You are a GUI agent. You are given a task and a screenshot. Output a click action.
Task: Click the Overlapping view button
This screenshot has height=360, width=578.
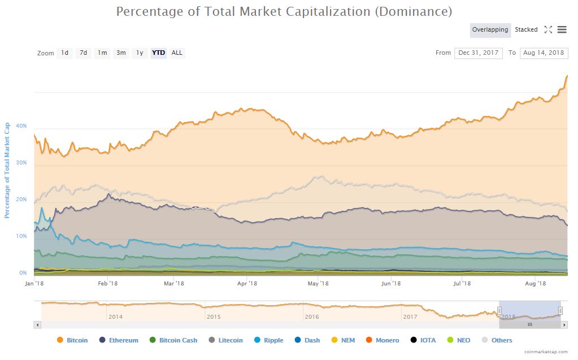coord(490,30)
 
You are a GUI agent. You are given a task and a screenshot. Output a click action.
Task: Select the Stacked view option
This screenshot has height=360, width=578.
coord(526,30)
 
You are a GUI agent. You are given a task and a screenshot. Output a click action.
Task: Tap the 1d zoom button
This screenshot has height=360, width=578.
coord(64,53)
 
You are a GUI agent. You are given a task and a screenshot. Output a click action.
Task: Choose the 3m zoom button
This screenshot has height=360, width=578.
coord(121,53)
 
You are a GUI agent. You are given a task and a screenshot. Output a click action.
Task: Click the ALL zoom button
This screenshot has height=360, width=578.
coord(177,53)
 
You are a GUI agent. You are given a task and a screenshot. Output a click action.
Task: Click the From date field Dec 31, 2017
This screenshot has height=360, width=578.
coord(479,53)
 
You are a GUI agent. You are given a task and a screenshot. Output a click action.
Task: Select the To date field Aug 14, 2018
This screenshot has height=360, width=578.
coord(544,53)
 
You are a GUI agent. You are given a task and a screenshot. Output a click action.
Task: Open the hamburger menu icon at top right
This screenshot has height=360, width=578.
coord(562,30)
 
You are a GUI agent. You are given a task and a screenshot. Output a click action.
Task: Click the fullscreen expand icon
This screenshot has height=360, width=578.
coord(548,30)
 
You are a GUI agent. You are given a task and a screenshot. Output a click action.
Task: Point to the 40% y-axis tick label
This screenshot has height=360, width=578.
coord(21,126)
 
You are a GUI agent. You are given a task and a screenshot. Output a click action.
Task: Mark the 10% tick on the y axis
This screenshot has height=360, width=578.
coord(21,236)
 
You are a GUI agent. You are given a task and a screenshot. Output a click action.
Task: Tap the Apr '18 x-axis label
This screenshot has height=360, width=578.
coord(247,284)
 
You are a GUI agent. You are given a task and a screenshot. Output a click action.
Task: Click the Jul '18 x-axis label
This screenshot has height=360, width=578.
coord(462,284)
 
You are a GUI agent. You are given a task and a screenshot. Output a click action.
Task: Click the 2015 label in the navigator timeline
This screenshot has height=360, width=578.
coord(214,317)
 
